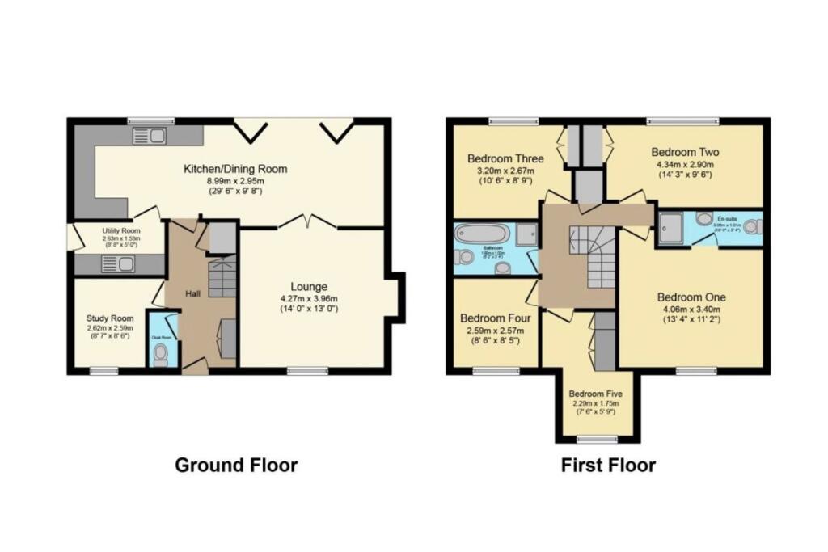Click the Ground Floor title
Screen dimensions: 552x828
[236, 466]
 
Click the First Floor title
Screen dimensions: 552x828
[608, 466]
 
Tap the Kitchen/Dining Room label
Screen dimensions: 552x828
[235, 169]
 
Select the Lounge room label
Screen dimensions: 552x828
[310, 286]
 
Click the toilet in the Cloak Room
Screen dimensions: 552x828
[161, 353]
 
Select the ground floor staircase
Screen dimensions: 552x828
[221, 278]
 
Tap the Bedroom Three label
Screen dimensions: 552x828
[505, 158]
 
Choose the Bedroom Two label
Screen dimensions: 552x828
[685, 152]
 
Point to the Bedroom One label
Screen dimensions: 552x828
[691, 296]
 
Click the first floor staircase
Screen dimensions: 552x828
[594, 257]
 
